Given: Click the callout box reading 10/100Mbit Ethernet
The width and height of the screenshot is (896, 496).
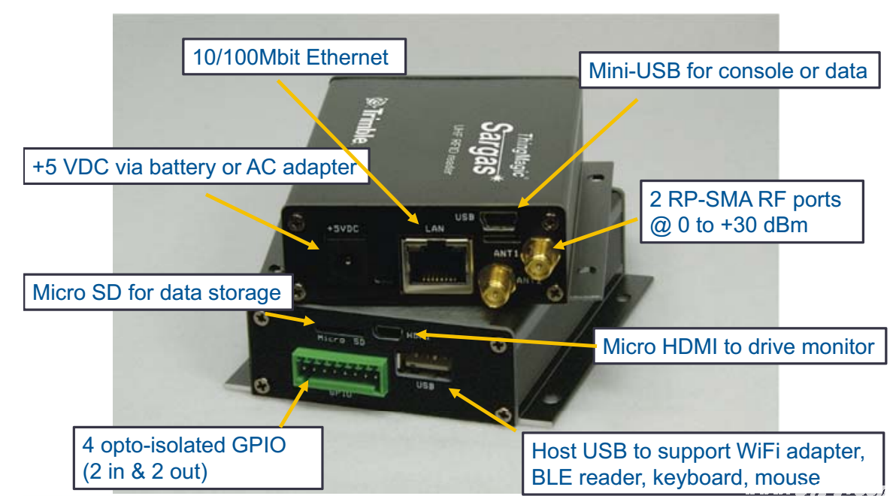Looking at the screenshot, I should [295, 58].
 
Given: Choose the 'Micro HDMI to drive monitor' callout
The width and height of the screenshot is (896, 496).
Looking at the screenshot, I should [739, 346].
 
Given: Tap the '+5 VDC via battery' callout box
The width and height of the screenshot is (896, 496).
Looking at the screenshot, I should [195, 166].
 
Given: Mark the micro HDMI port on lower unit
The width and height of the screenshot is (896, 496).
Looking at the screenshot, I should [389, 331].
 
